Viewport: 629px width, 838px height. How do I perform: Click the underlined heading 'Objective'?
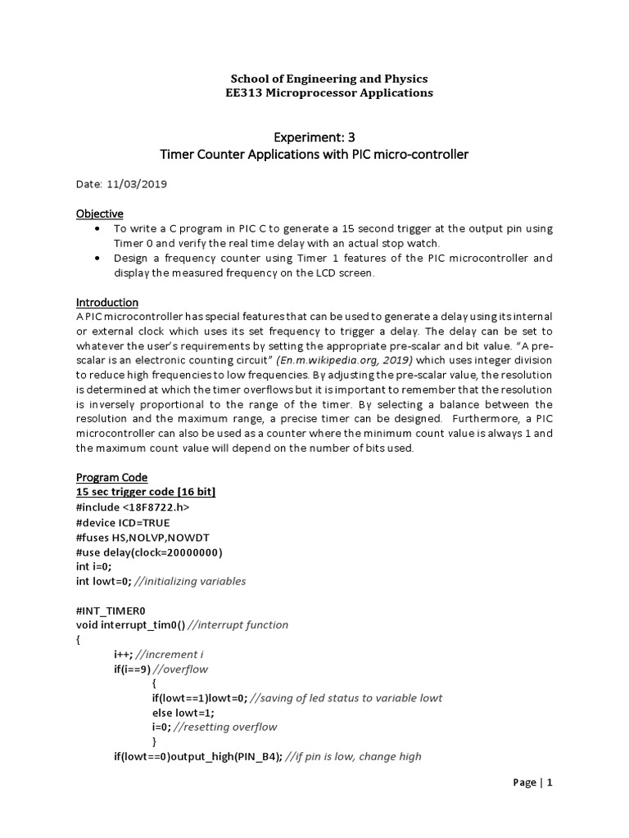coord(100,214)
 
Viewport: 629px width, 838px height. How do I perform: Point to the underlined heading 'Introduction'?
coord(107,302)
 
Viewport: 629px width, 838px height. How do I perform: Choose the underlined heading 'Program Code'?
coord(112,477)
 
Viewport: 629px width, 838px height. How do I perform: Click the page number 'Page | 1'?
coord(533,782)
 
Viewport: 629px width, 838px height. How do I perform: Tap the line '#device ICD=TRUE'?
coord(124,522)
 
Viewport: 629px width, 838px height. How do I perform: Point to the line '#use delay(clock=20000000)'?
coord(149,552)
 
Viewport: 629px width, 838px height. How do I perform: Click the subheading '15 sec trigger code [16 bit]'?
coord(147,492)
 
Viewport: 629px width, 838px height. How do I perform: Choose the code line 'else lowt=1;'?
coord(183,712)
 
